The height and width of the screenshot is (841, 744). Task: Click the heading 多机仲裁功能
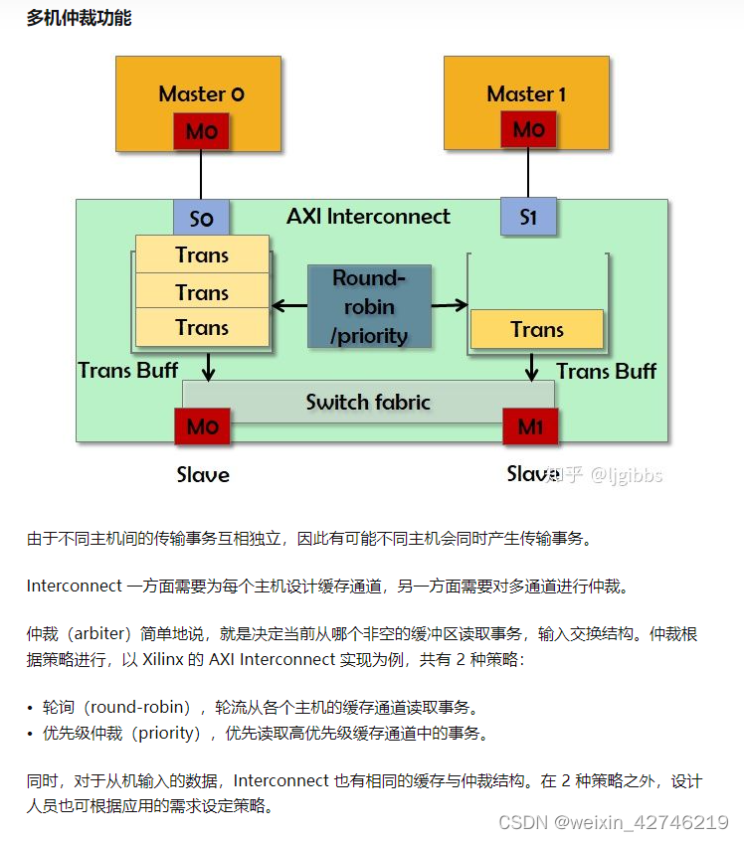pos(79,18)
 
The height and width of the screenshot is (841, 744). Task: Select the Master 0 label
pos(201,94)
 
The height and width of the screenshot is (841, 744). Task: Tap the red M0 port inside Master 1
pos(528,130)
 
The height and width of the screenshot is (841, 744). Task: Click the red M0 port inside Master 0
pos(201,131)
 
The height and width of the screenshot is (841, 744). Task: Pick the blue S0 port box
pos(201,219)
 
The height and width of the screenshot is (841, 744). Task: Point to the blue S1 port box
pos(528,217)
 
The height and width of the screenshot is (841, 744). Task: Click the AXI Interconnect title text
pos(368,217)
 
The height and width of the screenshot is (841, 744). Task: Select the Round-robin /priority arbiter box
pos(369,306)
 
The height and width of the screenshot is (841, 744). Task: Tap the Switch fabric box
pos(368,403)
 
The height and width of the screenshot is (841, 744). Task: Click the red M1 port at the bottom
pos(531,427)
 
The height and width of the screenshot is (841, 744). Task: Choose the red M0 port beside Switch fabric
pos(202,427)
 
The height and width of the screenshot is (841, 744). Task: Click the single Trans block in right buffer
pos(537,329)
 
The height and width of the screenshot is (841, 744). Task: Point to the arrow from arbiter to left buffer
pos(289,306)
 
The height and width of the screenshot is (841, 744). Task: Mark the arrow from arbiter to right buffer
pos(450,305)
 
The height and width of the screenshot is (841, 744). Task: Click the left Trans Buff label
pos(128,371)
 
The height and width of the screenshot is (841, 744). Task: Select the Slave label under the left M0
pos(203,475)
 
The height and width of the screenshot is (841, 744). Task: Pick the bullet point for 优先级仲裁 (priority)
pos(31,735)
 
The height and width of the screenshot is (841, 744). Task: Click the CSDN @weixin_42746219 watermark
pos(613,822)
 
